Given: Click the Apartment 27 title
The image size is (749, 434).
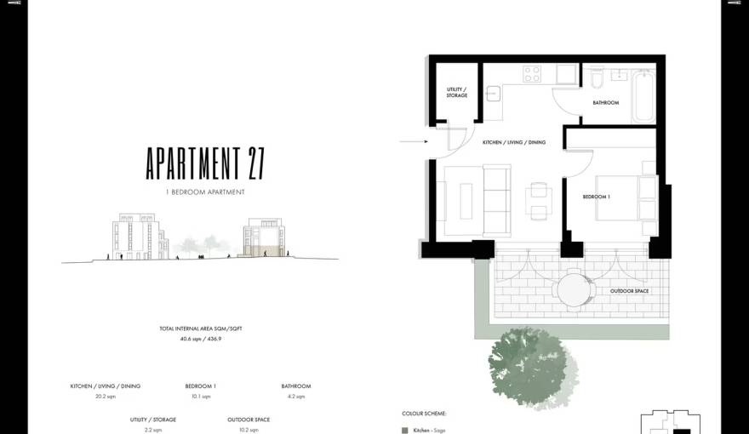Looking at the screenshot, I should click(205, 163).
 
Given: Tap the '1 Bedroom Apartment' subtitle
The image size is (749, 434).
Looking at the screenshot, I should click(205, 192).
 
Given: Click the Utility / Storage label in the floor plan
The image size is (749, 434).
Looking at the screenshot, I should click(457, 92).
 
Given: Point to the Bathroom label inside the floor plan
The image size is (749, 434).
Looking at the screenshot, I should click(605, 103).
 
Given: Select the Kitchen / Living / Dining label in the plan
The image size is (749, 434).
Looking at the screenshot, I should click(514, 142).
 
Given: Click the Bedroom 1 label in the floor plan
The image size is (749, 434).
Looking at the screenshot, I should click(596, 197).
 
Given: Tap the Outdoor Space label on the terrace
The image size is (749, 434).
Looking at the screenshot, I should click(629, 291).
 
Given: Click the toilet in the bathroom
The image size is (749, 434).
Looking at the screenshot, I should click(597, 79).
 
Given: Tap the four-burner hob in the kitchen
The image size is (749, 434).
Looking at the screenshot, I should click(533, 74).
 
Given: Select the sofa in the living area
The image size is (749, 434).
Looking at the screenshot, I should click(496, 201).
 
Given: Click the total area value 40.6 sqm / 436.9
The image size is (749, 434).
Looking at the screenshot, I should click(201, 339).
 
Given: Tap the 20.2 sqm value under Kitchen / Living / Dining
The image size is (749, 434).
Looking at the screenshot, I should click(105, 397).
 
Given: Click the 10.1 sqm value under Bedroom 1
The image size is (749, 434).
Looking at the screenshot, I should click(200, 397).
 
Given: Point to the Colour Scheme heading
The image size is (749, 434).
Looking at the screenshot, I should click(424, 414).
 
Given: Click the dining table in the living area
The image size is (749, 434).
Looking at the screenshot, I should click(537, 203).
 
